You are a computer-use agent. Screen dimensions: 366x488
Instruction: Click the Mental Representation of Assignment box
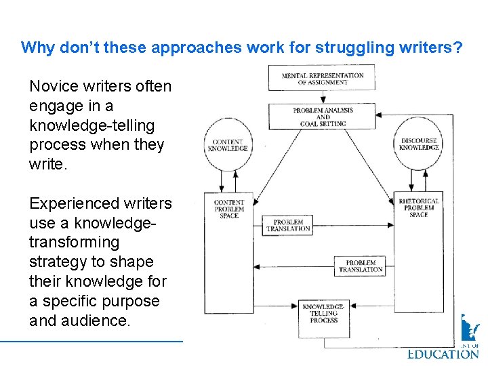322,78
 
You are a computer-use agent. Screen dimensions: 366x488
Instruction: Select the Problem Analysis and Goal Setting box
322,117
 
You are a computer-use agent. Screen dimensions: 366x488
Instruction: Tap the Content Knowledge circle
228,144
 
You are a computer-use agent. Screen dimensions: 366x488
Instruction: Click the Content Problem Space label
228,209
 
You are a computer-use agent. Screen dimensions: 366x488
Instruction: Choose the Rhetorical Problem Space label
419,207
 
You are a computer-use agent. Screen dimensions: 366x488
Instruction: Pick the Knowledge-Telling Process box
323,314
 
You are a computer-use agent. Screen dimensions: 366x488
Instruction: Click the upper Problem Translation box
288,226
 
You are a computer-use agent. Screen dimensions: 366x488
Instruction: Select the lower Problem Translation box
361,266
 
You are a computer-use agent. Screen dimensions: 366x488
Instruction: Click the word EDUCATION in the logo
443,353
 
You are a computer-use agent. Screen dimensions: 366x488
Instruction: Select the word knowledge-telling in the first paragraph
92,126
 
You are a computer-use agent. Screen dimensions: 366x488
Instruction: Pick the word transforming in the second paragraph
74,243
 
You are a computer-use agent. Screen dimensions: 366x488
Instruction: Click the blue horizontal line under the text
102,341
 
